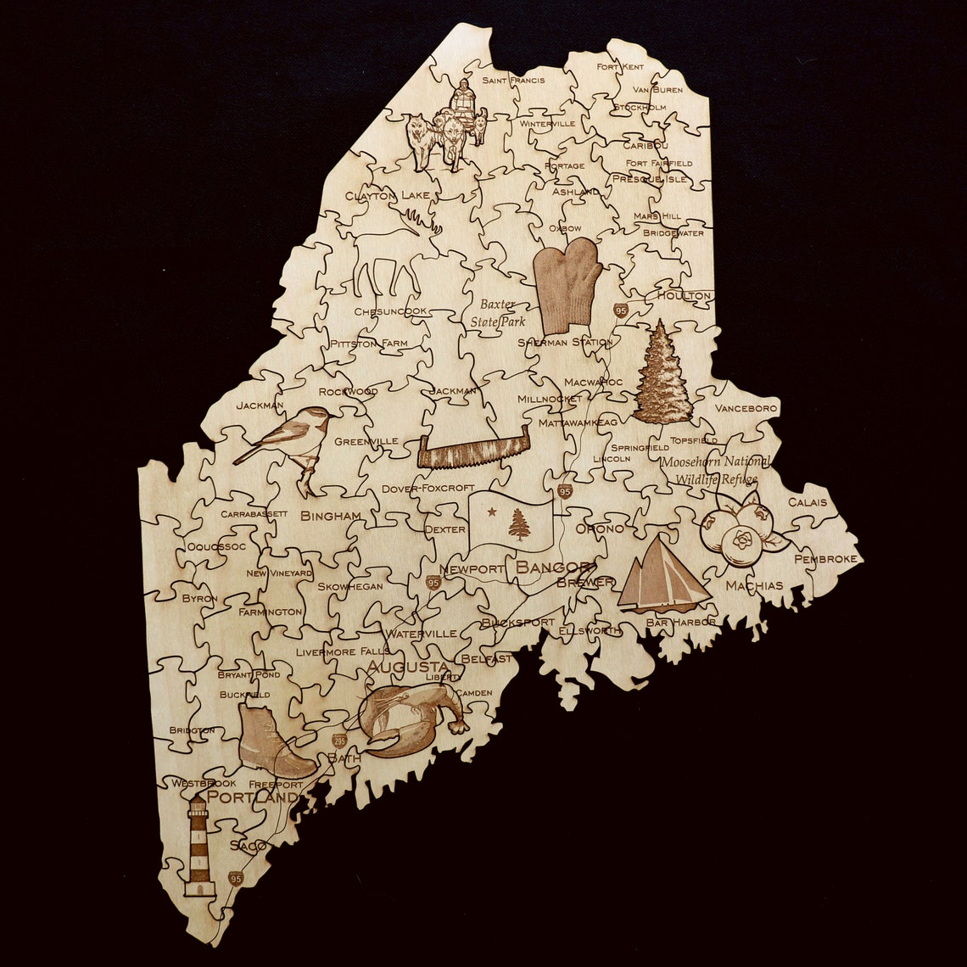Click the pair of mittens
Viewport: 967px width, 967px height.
pos(567,285)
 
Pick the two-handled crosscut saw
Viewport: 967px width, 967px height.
pos(473,450)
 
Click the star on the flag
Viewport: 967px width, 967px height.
pos(491,513)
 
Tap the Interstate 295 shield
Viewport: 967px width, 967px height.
pos(339,741)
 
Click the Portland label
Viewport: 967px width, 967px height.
pos(253,797)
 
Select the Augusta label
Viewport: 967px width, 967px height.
pos(407,667)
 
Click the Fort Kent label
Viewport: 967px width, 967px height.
pos(619,66)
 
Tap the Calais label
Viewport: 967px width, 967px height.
pos(807,502)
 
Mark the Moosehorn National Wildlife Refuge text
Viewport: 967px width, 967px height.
pos(715,470)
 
